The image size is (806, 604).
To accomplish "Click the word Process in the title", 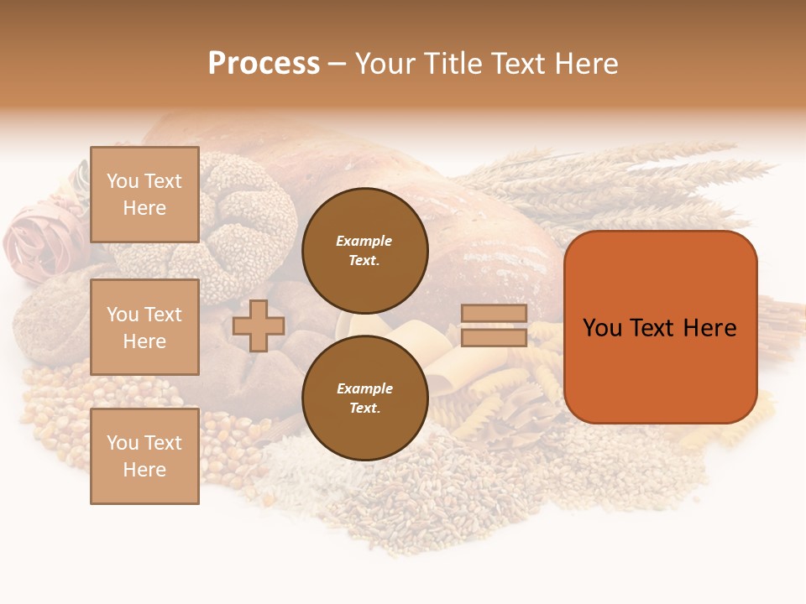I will pyautogui.click(x=264, y=64).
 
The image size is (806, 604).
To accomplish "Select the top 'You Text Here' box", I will pyautogui.click(x=144, y=195).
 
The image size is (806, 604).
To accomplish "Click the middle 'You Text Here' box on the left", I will pyautogui.click(x=144, y=327).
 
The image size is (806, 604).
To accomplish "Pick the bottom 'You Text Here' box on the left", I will pyautogui.click(x=144, y=456).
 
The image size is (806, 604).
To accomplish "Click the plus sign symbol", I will pyautogui.click(x=259, y=325).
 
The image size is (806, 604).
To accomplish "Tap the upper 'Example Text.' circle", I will pyautogui.click(x=364, y=250).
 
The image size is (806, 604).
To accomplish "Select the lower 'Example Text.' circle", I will pyautogui.click(x=364, y=398).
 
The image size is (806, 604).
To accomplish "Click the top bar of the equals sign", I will pyautogui.click(x=494, y=314).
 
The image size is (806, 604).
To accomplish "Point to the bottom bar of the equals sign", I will pyautogui.click(x=494, y=337).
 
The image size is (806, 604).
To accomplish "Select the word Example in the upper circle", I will pyautogui.click(x=364, y=241).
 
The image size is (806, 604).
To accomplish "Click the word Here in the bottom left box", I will pyautogui.click(x=144, y=470).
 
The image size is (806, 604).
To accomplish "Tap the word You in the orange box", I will pyautogui.click(x=602, y=328).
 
